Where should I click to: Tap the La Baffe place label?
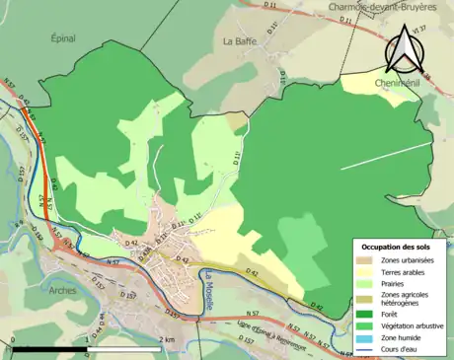click(239, 41)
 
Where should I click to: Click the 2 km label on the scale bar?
click(167, 340)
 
